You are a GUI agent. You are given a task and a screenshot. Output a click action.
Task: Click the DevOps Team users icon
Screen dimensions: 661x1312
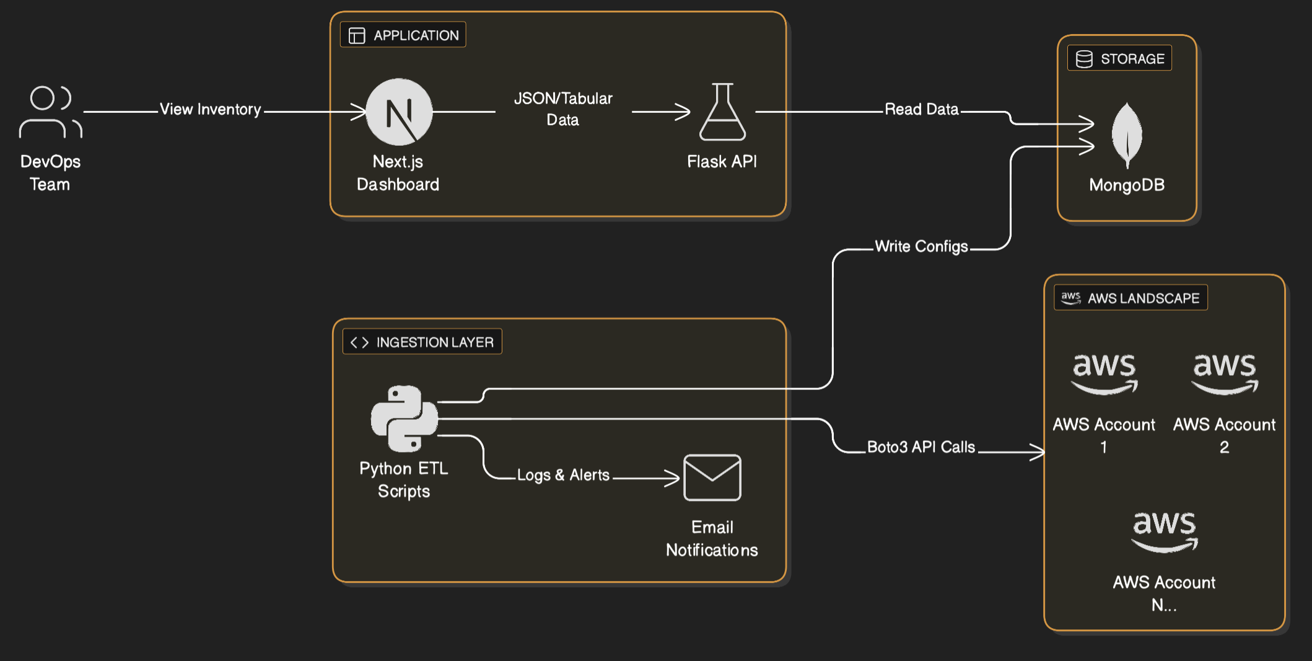coord(50,112)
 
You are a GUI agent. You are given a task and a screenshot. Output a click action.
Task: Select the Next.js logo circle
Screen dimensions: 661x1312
coord(399,112)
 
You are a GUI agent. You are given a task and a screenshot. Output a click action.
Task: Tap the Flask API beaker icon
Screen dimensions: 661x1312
coord(722,112)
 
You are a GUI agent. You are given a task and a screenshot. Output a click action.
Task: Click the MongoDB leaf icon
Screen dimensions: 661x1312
coord(1127,135)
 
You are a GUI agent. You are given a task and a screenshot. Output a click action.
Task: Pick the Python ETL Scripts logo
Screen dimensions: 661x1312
coord(405,419)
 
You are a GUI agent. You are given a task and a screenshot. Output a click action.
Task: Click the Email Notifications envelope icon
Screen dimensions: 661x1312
coord(712,478)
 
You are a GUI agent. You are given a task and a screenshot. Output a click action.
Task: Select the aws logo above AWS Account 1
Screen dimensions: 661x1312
coord(1104,373)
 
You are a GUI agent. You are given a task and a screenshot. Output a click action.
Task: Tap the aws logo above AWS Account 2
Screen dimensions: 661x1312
coord(1224,373)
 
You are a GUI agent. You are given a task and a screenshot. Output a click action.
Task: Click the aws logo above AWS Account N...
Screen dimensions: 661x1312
coord(1164,531)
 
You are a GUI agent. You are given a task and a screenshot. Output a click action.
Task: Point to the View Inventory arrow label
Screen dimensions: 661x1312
coord(211,110)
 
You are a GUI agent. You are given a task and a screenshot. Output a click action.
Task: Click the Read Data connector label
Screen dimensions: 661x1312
coord(921,110)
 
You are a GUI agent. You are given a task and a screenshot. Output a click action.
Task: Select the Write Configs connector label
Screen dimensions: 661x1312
coord(921,247)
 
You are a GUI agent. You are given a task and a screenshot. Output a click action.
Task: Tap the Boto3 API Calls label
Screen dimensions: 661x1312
coord(921,447)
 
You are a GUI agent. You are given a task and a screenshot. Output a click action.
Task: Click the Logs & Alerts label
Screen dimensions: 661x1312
coord(563,476)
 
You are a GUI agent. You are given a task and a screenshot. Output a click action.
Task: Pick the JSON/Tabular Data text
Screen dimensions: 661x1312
coord(563,109)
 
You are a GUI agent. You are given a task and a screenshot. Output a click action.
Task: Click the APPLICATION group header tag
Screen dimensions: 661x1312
coord(403,35)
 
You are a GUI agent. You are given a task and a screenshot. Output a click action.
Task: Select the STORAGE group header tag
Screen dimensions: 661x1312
coord(1119,59)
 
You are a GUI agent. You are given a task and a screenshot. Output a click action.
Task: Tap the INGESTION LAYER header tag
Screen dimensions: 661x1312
coord(422,342)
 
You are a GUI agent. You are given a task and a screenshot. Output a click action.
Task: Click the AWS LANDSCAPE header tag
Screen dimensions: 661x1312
coord(1131,298)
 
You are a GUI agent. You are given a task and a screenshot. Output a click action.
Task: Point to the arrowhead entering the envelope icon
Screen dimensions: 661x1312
coord(674,478)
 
